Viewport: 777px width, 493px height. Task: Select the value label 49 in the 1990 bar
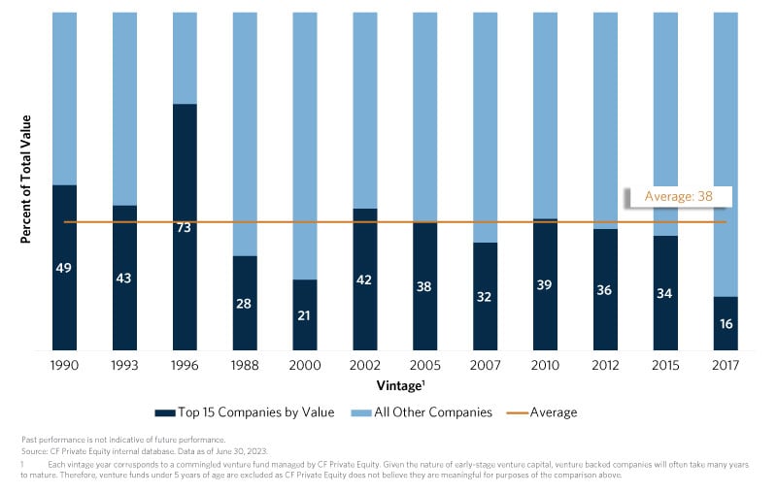64,267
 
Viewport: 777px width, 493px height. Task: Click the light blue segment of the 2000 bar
305,146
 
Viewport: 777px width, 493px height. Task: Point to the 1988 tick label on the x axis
245,366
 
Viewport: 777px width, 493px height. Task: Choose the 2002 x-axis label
365,366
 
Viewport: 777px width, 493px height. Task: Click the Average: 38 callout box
678,197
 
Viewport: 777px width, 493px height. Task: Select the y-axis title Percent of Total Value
26,179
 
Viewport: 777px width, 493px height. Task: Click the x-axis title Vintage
394,386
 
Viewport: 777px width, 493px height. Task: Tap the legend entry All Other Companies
428,412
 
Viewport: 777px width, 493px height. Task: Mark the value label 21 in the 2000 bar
305,315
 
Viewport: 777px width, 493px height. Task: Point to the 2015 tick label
665,366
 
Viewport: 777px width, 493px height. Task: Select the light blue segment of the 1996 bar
185,58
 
